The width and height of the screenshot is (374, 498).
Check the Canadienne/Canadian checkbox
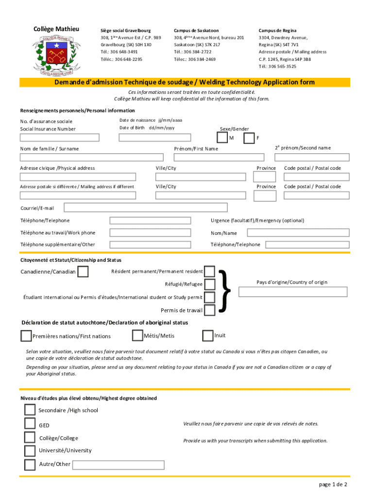(x=83, y=271)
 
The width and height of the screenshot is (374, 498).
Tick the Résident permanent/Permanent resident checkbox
(x=210, y=271)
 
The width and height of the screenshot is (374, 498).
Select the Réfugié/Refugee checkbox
(x=210, y=284)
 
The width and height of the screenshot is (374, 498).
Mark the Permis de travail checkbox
(x=210, y=310)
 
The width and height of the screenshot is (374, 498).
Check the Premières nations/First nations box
(x=26, y=336)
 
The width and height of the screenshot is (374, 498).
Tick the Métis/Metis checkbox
(x=137, y=336)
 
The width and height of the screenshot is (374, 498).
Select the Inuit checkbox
(x=207, y=336)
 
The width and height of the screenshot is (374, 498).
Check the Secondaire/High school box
(x=30, y=410)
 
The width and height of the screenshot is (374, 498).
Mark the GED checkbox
(x=30, y=425)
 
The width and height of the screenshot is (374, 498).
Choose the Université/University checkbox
(x=30, y=451)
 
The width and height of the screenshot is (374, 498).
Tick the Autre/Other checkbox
(x=30, y=464)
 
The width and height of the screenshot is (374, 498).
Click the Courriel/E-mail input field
(x=145, y=208)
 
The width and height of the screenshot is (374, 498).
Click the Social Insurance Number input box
(x=59, y=137)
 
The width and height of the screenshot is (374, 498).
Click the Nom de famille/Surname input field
(x=91, y=157)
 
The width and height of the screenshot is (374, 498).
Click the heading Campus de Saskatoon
(x=197, y=30)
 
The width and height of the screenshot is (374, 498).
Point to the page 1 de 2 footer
(x=333, y=484)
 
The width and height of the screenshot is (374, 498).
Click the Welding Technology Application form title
(x=184, y=82)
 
